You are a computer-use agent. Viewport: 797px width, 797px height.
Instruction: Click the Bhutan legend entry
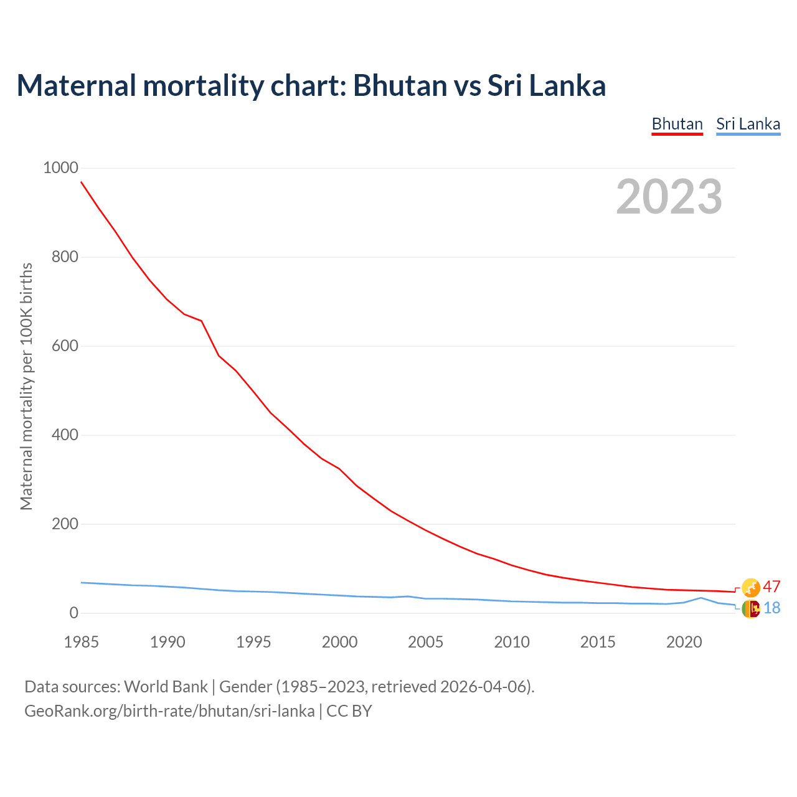[x=677, y=124]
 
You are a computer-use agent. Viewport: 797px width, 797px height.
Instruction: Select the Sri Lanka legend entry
[x=748, y=124]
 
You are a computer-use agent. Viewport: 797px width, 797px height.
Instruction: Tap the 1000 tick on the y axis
[x=60, y=168]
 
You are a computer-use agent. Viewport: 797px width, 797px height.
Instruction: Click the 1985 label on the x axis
[x=81, y=642]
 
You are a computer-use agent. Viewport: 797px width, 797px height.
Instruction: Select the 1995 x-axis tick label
[x=253, y=642]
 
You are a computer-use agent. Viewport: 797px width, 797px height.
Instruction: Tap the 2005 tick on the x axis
[x=425, y=642]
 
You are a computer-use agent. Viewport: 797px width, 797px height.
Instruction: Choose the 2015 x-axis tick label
[x=598, y=642]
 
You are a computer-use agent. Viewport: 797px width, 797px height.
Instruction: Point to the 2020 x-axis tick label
[x=684, y=642]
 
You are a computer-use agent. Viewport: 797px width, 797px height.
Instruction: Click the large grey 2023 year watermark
[x=669, y=197]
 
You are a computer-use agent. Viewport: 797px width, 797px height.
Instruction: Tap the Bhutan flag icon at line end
[x=751, y=587]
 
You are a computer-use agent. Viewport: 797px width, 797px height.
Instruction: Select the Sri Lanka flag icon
[x=751, y=608]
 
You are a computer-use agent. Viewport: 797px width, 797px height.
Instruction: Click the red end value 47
[x=771, y=587]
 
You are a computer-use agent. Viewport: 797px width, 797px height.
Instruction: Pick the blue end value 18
[x=771, y=608]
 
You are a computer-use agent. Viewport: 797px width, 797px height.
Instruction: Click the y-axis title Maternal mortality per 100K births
[x=26, y=387]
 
